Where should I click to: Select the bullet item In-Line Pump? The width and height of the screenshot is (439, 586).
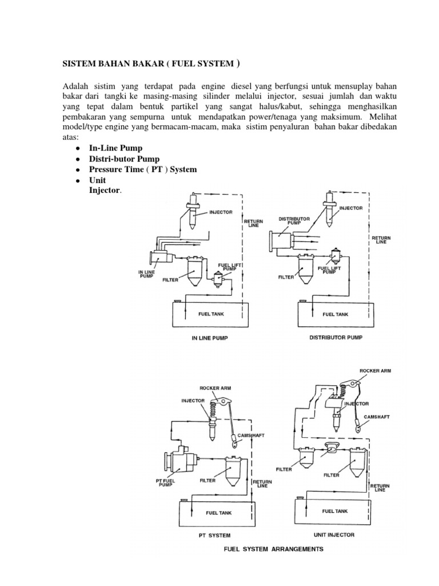115,148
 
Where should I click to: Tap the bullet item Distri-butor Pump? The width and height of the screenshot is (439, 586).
124,159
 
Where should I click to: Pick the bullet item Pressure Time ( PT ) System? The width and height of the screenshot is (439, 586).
142,169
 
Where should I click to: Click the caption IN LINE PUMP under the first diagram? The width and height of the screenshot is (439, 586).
209,338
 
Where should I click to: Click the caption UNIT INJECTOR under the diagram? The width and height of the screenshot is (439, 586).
334,535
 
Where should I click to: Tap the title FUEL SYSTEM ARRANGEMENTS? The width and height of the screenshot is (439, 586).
273,549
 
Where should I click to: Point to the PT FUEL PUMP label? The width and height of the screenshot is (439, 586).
164,482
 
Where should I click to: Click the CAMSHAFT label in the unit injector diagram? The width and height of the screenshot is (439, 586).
376,417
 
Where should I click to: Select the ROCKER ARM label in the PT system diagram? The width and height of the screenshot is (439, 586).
215,388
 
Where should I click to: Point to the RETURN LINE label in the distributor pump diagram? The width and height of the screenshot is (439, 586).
381,239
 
